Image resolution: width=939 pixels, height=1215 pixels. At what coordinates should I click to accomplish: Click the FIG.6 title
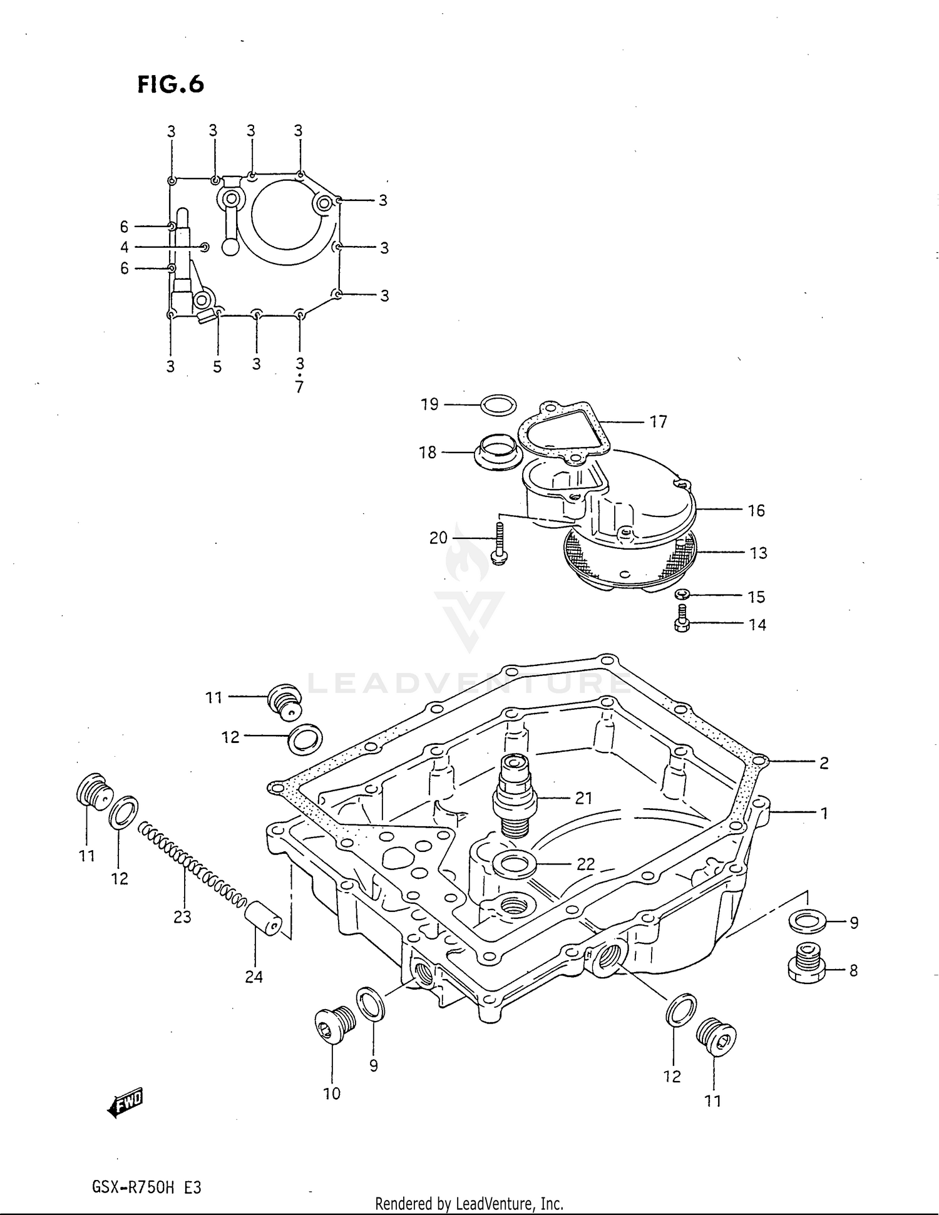coord(171,85)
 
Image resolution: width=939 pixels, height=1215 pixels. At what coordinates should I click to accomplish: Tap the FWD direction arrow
coord(126,1105)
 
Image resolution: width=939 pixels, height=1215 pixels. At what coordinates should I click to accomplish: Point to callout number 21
coord(583,798)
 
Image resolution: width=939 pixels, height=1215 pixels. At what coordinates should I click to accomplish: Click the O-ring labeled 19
coord(498,405)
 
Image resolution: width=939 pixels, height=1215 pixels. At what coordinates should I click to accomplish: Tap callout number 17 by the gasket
coord(658,422)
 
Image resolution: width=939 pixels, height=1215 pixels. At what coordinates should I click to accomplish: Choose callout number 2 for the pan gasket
coord(824,763)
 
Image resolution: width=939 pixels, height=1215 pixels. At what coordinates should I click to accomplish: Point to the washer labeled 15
coord(683,593)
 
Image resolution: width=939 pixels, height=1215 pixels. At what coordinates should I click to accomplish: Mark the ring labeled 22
coord(515,864)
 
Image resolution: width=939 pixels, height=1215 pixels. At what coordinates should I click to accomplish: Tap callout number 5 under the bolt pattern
coord(217,367)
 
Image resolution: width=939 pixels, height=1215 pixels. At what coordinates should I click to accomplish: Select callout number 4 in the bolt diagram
coord(125,247)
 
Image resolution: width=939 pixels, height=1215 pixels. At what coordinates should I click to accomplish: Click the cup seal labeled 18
coord(498,451)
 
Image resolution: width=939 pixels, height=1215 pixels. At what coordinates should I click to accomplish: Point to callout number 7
coord(299,387)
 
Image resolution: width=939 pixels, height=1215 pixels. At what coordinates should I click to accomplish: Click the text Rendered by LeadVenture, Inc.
coord(469,1203)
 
